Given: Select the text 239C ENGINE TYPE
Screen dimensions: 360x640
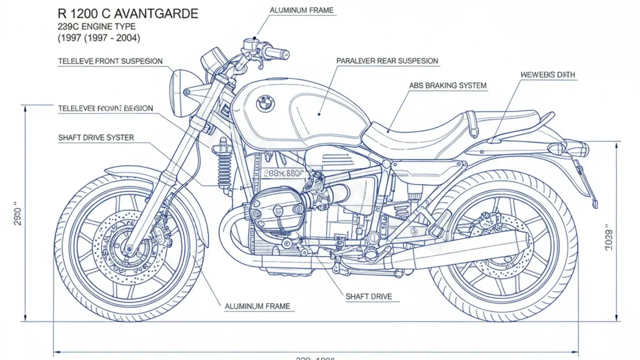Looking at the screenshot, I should click(x=98, y=26).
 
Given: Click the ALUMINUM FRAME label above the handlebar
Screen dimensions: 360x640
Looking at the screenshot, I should click(x=302, y=10).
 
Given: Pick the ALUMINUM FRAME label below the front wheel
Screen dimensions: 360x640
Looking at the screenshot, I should click(x=257, y=306).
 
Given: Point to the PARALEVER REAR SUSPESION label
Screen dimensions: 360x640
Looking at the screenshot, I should click(x=387, y=61).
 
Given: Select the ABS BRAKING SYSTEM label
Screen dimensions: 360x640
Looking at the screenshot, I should click(x=447, y=85).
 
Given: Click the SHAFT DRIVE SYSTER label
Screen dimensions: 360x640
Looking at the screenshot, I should click(x=96, y=138).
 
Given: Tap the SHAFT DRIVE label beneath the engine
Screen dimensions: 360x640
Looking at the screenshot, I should click(x=369, y=296).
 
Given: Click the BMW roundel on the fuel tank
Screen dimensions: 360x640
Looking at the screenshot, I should click(x=265, y=103).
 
